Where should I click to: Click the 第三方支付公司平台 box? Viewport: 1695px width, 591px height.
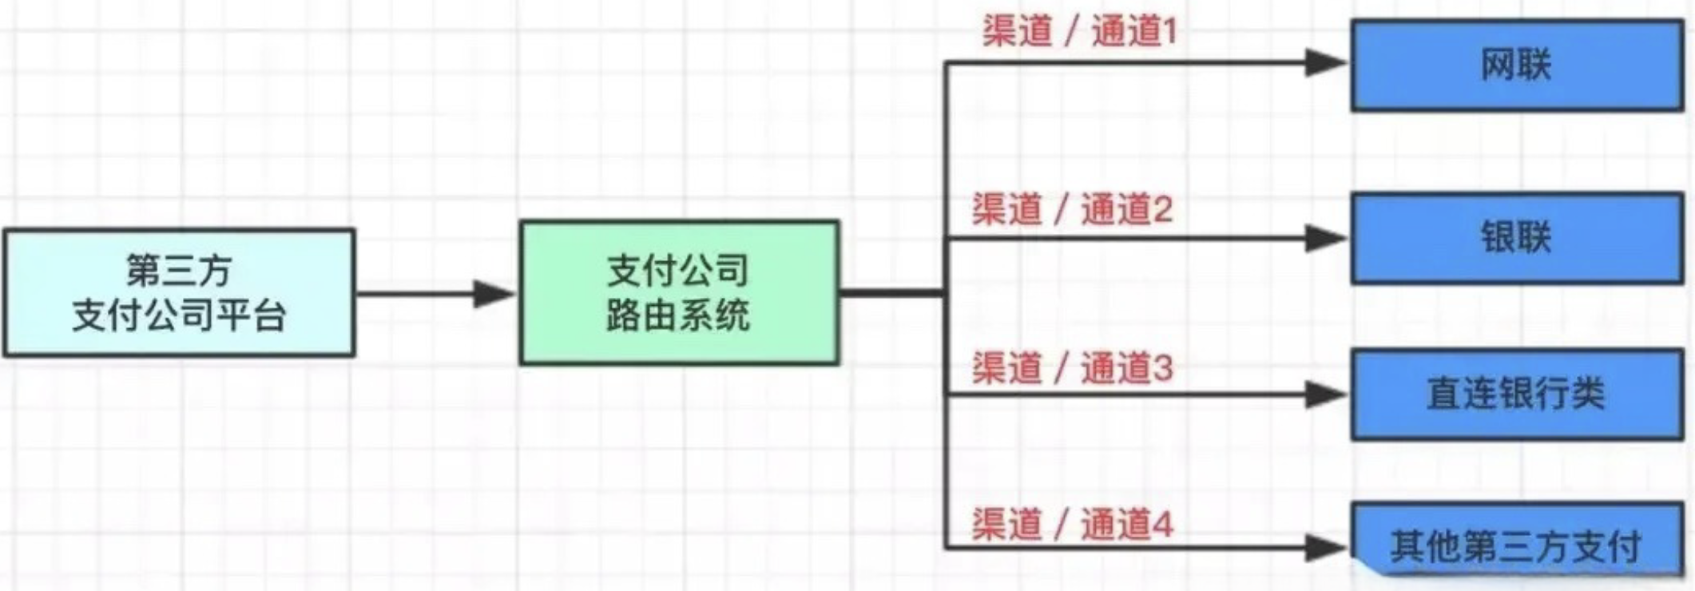tap(179, 292)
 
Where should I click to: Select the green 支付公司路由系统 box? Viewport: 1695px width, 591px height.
tap(680, 293)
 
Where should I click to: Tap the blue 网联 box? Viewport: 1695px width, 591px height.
tap(1517, 65)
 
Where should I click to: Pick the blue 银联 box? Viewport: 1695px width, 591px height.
tap(1517, 237)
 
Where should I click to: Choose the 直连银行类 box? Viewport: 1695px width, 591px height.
tap(1517, 394)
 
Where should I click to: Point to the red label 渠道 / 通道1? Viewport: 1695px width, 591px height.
tap(1080, 32)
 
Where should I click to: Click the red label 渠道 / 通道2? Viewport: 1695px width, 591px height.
tap(1072, 209)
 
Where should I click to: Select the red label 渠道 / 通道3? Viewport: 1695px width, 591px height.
tap(1072, 367)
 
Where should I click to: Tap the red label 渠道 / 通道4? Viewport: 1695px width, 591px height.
tap(1072, 524)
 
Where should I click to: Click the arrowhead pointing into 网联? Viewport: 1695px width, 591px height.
tap(1326, 62)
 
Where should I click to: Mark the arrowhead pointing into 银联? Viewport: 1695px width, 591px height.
tap(1326, 238)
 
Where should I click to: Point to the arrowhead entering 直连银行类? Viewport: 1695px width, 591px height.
tap(1326, 395)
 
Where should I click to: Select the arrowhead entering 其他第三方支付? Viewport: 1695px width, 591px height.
tap(1326, 548)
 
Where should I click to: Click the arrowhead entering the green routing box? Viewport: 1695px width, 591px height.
tap(494, 294)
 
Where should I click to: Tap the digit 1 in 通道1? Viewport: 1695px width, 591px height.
tap(1170, 32)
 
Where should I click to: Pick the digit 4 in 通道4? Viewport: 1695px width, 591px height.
tap(1162, 525)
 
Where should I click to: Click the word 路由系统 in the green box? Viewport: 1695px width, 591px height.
tap(678, 315)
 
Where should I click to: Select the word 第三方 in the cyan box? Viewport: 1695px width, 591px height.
tap(179, 270)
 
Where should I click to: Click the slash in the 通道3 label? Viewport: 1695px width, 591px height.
tap(1061, 367)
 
